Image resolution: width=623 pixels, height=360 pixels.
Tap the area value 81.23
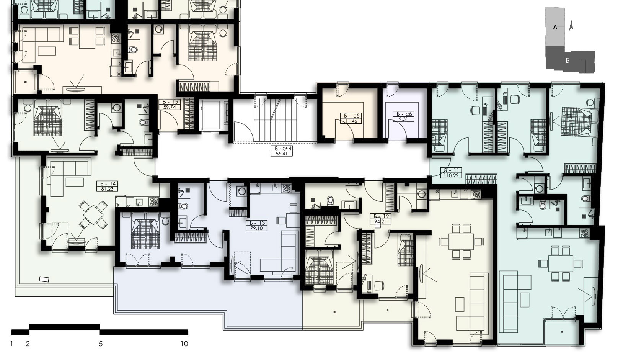coord(107,189)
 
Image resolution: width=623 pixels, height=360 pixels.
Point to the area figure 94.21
coord(380,222)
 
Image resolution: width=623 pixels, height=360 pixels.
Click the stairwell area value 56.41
coord(282,154)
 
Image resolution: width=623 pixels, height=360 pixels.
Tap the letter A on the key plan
coord(555,27)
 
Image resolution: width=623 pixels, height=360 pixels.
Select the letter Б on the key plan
coord(568,61)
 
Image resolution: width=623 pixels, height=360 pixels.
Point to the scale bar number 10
coord(184,344)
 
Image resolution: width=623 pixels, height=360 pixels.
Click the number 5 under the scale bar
coord(101,344)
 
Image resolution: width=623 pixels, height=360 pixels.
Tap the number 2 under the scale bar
coord(28,344)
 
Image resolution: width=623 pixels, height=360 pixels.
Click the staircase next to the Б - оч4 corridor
coord(276,120)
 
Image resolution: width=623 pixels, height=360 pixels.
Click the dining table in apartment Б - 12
coord(461,241)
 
